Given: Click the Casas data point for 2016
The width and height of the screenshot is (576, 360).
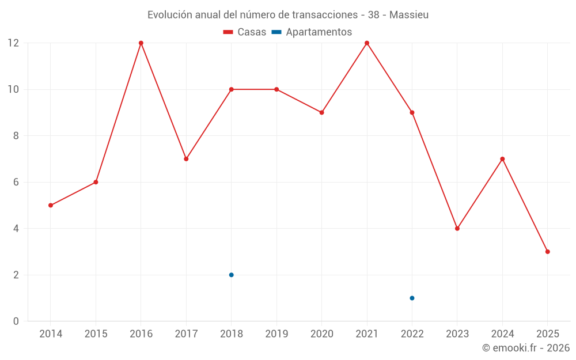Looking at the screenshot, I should [141, 43].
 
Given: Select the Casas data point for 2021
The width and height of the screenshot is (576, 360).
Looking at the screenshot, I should [367, 43].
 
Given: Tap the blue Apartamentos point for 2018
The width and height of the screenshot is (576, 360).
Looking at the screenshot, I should [231, 275].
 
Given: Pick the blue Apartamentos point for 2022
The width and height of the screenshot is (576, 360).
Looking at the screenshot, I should [412, 298].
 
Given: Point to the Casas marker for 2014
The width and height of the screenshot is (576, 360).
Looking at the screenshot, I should [51, 205].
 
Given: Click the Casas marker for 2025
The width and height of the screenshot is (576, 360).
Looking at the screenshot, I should [547, 252].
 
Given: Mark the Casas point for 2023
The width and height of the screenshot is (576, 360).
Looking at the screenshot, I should [457, 229].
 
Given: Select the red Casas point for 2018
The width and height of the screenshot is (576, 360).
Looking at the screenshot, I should [231, 89].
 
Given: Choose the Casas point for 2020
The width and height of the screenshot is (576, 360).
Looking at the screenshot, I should [321, 112].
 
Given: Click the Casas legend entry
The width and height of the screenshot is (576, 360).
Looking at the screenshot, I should [245, 32].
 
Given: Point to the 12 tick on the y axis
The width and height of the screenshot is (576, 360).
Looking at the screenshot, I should [13, 43].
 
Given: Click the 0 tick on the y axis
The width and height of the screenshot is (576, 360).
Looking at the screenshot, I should [16, 321].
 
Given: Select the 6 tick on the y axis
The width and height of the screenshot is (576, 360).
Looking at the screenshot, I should [16, 182].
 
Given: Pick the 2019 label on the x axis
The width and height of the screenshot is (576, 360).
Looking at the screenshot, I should [276, 334].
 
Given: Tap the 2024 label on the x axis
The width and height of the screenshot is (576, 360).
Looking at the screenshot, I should [502, 334].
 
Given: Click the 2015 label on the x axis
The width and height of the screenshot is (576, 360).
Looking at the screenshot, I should [96, 334].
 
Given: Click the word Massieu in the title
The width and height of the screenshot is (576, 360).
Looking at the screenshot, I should [409, 15].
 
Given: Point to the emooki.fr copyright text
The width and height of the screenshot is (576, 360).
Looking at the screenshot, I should [526, 348].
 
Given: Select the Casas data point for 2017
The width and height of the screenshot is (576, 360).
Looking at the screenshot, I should [186, 159].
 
